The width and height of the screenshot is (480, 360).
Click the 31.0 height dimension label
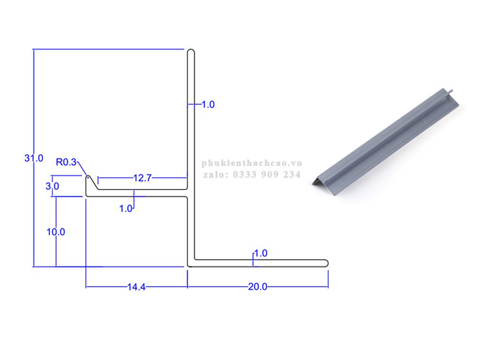[34, 158]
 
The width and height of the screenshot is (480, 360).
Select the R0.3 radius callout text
[66, 162]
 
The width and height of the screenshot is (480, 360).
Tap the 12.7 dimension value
[142, 178]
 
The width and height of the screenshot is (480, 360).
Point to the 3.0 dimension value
[52, 186]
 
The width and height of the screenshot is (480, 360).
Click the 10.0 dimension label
[56, 232]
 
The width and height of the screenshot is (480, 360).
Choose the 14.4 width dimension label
[137, 287]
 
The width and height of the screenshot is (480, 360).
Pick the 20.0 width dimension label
[258, 287]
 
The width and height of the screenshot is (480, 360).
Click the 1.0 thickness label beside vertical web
[208, 105]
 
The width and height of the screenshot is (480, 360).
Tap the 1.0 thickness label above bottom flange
[261, 253]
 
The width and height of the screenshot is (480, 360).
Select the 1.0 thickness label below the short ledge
[126, 209]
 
